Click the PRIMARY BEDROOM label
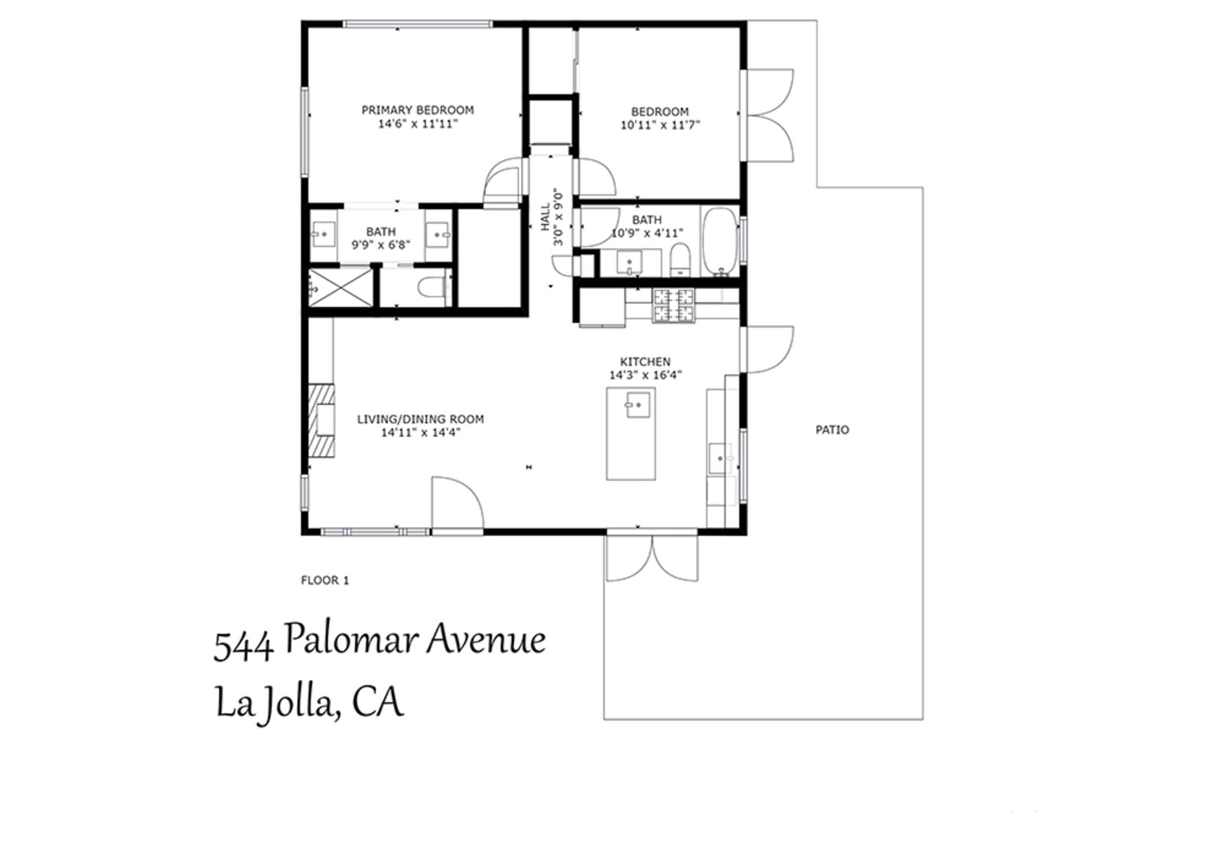point(418,110)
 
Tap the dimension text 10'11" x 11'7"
point(660,125)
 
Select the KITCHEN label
point(646,362)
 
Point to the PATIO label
point(832,430)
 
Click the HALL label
point(545,217)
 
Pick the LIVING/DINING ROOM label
point(420,419)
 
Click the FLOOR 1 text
point(324,580)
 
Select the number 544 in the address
point(243,645)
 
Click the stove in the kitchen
point(674,305)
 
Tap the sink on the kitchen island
point(637,405)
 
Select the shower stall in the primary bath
point(340,288)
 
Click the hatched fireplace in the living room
point(321,420)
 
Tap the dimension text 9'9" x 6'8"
point(381,245)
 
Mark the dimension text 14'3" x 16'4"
point(646,376)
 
